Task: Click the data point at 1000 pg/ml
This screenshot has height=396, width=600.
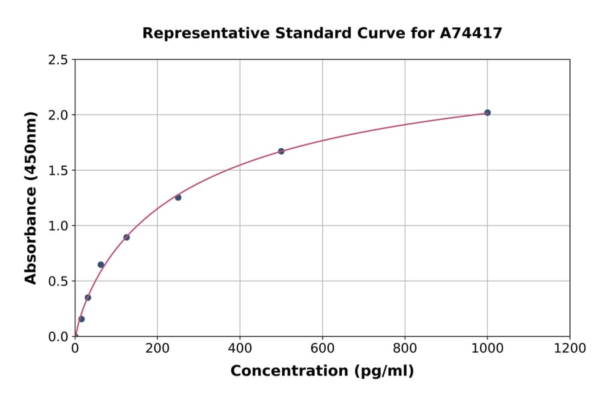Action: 487,113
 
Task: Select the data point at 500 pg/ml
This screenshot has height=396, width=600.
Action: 281,151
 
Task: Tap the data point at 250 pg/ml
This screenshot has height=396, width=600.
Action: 178,197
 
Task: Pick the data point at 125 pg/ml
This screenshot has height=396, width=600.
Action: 127,237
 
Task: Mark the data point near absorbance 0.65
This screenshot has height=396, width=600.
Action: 101,265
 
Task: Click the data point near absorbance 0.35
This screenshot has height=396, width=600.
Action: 88,297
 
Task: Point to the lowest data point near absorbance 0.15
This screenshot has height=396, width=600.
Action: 81,319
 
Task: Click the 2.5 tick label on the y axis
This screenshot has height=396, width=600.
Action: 57,60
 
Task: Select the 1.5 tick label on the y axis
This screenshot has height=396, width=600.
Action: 57,171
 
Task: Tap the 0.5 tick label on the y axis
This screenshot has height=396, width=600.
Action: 57,281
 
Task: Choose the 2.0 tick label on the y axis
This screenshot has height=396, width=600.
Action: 57,115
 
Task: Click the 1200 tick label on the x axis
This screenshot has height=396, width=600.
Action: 569,349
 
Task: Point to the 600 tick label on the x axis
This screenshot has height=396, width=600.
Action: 322,349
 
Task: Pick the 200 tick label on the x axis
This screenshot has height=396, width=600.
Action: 157,349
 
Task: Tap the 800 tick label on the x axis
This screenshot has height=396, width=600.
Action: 405,349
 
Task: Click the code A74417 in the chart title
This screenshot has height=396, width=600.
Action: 471,33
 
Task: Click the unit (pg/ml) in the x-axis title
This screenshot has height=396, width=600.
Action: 383,371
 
